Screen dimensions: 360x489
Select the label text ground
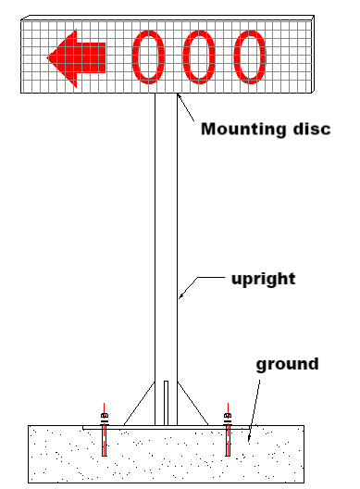click(x=287, y=364)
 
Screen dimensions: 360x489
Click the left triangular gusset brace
click(x=139, y=405)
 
